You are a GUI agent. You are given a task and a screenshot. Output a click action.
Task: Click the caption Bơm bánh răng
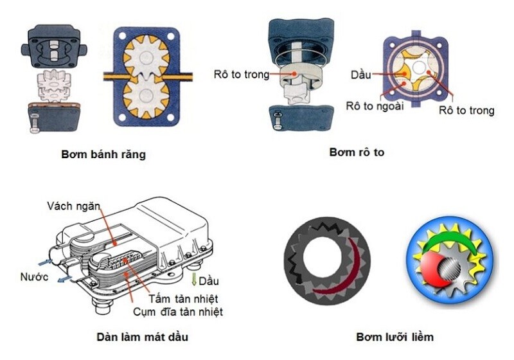(103, 154)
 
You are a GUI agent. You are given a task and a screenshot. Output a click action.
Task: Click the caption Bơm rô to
(357, 152)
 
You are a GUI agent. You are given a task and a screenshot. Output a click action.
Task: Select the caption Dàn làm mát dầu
(142, 337)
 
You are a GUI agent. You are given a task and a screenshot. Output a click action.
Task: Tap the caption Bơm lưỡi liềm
(394, 337)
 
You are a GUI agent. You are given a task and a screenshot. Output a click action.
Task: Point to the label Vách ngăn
(73, 206)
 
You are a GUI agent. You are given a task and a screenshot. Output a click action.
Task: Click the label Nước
(34, 276)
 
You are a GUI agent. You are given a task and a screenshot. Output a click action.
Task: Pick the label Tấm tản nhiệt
(183, 299)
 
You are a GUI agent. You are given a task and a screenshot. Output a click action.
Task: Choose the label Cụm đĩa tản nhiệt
(178, 312)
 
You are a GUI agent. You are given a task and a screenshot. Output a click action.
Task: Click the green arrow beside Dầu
(194, 280)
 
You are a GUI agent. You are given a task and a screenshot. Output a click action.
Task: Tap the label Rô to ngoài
(375, 106)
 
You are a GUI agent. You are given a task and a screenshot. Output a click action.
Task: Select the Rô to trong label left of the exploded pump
(242, 74)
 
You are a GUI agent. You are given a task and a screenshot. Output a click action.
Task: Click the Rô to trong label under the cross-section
(466, 110)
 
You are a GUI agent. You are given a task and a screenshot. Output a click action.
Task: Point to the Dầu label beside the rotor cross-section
(361, 75)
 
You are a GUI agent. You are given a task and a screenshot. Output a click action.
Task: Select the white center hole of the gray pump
(323, 256)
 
